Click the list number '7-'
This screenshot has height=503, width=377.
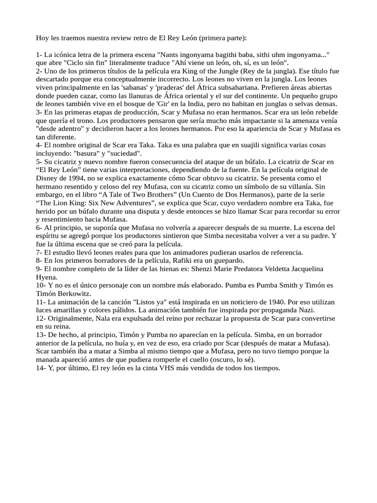pyautogui.click(x=40, y=252)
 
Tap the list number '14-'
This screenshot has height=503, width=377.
pyautogui.click(x=41, y=367)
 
